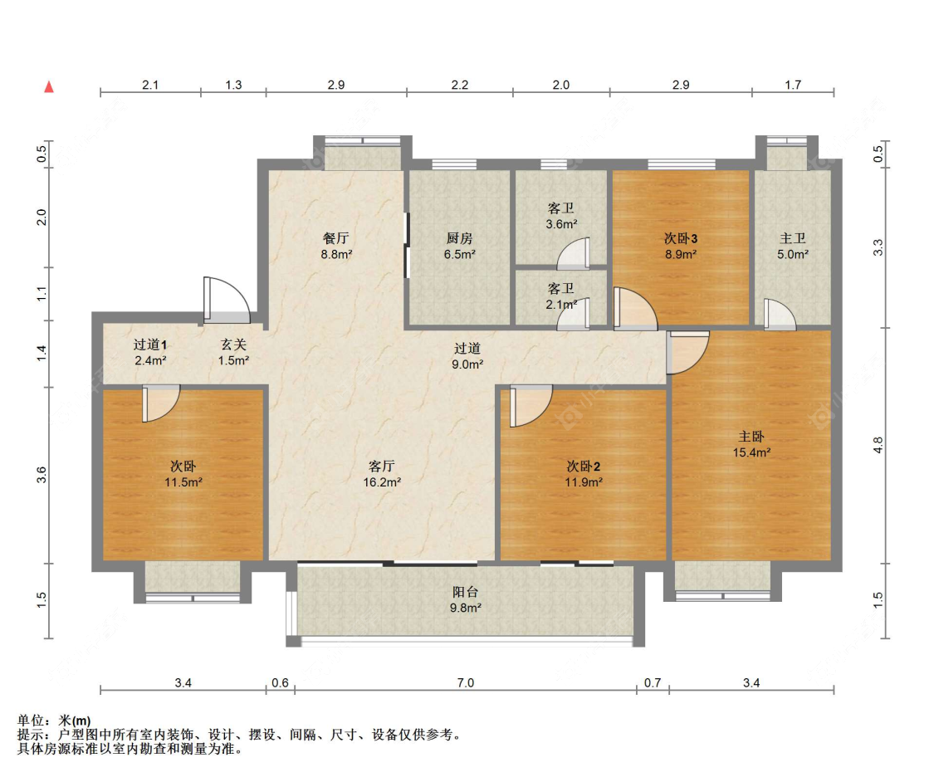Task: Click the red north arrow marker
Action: point(49,87)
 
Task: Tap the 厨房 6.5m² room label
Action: point(459,246)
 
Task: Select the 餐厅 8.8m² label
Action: point(336,246)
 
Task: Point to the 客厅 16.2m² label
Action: point(382,474)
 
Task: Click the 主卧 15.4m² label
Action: point(751,444)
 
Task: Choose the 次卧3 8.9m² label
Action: point(681,246)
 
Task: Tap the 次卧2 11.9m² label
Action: point(584,474)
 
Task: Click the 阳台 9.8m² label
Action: point(465,599)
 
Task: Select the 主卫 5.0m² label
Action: point(793,246)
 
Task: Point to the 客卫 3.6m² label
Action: point(561,216)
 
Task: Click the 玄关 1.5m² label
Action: point(233,352)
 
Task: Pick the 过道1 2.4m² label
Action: point(150,352)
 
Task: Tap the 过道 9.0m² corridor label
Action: point(467,356)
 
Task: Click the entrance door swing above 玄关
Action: point(227,301)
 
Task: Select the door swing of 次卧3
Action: point(636,309)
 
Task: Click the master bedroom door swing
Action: point(688,353)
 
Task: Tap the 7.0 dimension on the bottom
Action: point(465,682)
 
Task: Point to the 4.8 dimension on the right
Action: point(878,445)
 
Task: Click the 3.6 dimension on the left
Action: point(42,475)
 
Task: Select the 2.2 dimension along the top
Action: point(460,85)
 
